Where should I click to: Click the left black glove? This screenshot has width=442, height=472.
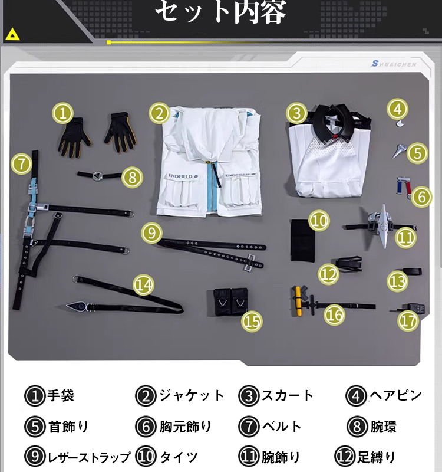[73, 137]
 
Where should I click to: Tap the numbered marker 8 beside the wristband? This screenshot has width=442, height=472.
[132, 177]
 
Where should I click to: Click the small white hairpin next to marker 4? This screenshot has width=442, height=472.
[400, 123]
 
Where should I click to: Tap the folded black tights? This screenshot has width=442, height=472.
[303, 240]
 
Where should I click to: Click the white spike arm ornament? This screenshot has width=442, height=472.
[382, 226]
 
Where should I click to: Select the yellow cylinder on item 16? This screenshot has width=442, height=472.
[298, 301]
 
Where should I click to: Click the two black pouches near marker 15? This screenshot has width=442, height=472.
[230, 301]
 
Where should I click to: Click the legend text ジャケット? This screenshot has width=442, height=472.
[191, 395]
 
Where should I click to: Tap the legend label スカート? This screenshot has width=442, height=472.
[287, 395]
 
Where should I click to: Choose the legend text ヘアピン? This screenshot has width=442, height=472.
[395, 395]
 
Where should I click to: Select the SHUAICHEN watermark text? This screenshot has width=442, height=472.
[394, 64]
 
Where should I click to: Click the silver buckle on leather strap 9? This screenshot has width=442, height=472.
[250, 263]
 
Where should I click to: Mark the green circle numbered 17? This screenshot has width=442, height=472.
[408, 321]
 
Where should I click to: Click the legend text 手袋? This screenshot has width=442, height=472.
[61, 395]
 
